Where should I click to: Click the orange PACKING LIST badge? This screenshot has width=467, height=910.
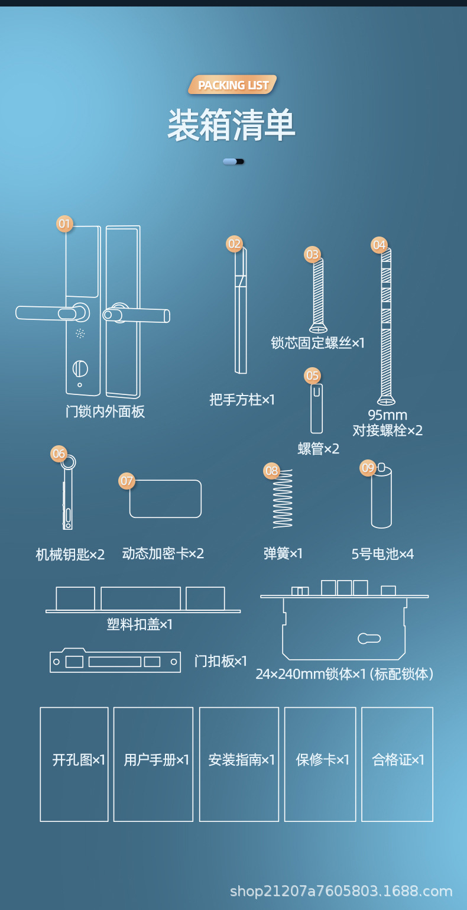233,85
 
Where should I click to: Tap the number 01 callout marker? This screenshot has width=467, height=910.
64,224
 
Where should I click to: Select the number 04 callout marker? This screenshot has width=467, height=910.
379,244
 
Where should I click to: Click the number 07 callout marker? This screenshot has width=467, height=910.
127,481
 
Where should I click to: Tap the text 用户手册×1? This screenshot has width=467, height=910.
156,760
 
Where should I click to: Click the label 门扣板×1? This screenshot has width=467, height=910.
220,661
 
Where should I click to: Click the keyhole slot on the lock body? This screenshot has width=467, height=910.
369,639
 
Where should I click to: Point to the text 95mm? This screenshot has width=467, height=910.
387,415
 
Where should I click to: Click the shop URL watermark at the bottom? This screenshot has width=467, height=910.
341,891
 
